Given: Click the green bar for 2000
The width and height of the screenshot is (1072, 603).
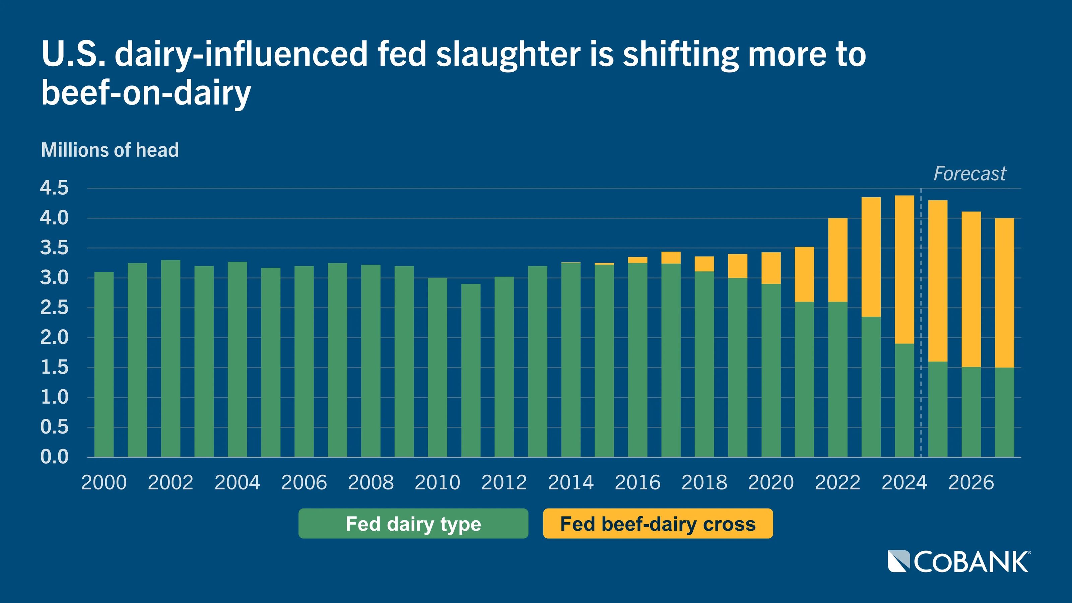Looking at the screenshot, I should [104, 364].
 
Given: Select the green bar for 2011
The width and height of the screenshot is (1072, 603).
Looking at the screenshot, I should [471, 371].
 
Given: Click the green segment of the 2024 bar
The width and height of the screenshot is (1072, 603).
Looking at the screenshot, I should [904, 400].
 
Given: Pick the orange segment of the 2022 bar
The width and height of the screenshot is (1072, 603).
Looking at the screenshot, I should [838, 260].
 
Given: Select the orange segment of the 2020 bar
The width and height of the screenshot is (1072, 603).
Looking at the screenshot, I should [771, 268].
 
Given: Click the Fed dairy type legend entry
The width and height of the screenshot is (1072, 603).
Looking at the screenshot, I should [413, 524].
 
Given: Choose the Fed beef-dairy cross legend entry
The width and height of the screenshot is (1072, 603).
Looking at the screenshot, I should [658, 524].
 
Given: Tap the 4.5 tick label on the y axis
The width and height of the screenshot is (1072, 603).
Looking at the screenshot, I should [54, 188].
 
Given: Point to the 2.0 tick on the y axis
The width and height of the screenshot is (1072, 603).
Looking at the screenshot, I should [54, 337].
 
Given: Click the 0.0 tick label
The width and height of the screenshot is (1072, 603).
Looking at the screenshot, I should [54, 457].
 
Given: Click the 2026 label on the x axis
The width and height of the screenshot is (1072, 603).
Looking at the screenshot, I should [971, 483].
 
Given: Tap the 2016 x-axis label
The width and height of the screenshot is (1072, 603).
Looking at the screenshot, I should [638, 483].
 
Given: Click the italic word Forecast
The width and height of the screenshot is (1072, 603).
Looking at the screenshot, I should [969, 174].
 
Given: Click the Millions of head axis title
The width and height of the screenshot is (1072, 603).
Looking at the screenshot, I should [110, 150].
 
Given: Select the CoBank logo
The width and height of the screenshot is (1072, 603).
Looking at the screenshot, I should [959, 562].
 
